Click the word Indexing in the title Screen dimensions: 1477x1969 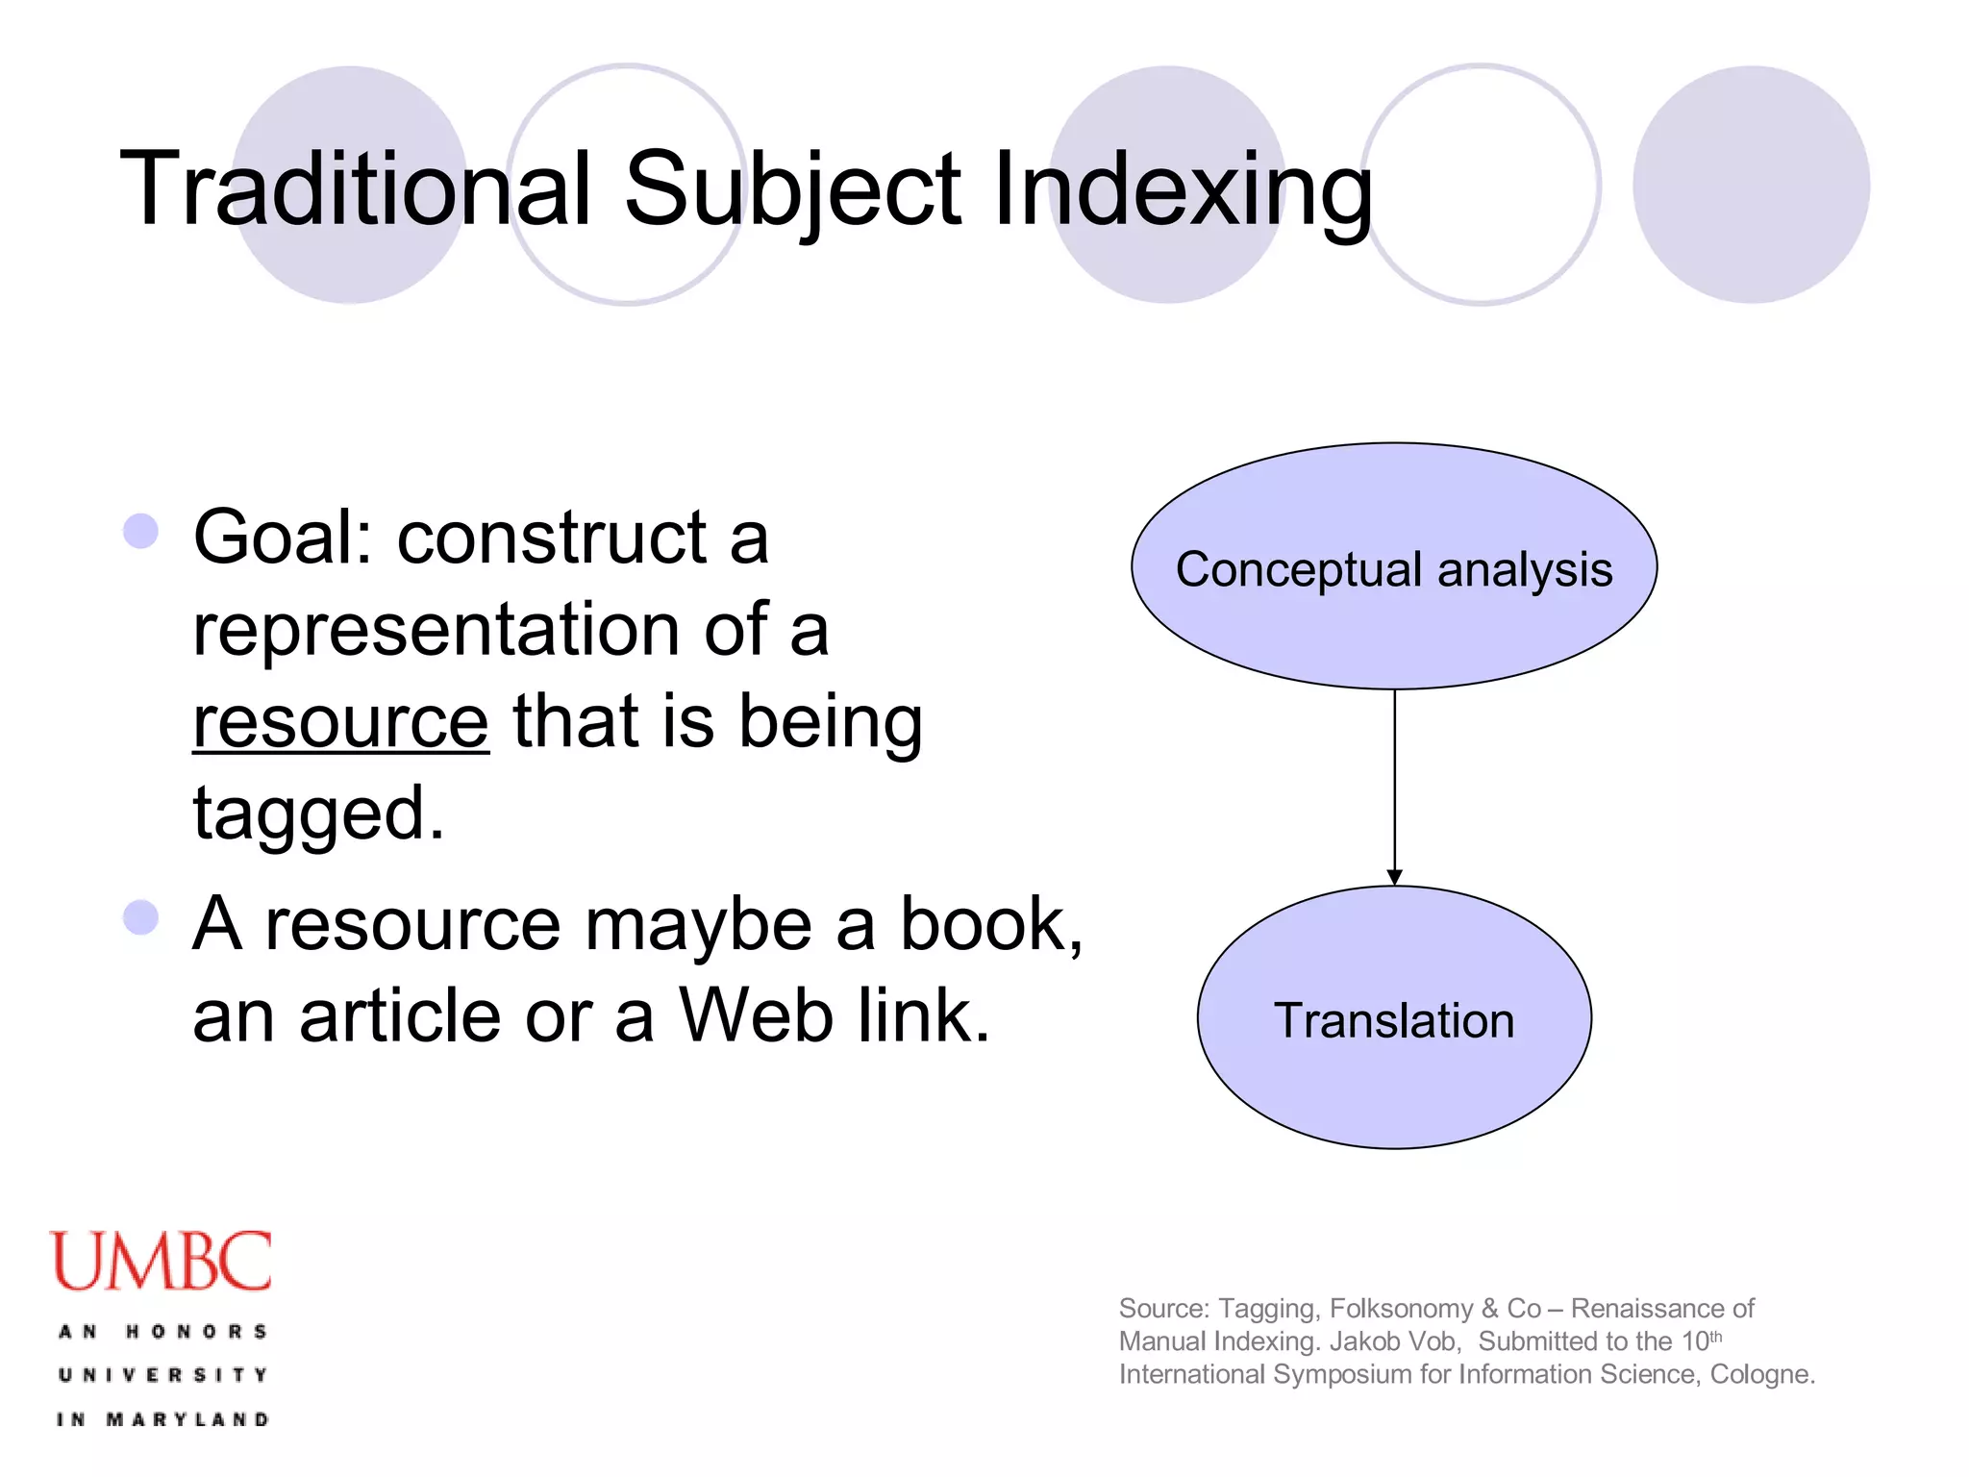1183,189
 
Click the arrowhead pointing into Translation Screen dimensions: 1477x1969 1394,876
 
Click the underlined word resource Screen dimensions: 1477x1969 340,723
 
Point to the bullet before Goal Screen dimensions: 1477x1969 141,531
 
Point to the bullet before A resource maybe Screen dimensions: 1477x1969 141,917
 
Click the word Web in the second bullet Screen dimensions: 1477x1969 756,1017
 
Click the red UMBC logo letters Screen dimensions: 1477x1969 162,1262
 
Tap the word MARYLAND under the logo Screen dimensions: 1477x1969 187,1419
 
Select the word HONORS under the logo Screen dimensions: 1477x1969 197,1332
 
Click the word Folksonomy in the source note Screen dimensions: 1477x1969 1401,1309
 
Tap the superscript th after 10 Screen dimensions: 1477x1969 1716,1336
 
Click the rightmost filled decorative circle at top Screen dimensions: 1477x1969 1751,185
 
